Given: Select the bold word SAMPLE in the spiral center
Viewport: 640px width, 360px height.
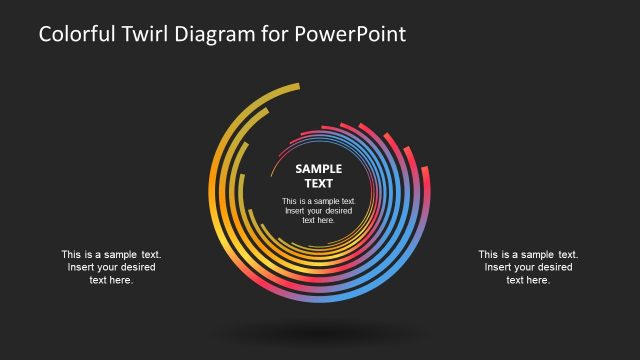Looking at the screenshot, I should click(x=319, y=169).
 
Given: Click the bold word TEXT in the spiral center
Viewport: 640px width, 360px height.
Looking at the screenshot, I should click(x=319, y=183).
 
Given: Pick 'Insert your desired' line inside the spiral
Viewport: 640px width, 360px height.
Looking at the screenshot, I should click(x=319, y=211).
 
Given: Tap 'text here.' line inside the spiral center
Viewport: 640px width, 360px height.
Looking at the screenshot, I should click(x=319, y=221).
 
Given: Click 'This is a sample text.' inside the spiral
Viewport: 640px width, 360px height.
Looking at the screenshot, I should click(x=319, y=201).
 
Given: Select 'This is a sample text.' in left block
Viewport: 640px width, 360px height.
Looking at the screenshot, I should click(x=111, y=255).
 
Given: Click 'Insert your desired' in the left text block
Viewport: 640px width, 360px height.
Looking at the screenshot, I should click(x=111, y=268).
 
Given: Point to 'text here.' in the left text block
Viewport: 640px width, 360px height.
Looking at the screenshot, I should click(x=111, y=281).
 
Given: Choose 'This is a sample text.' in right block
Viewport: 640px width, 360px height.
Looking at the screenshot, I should click(x=528, y=255).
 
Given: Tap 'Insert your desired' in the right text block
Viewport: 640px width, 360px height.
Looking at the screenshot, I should click(x=528, y=268).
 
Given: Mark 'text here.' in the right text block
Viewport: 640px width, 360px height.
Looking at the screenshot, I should click(x=528, y=281).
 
